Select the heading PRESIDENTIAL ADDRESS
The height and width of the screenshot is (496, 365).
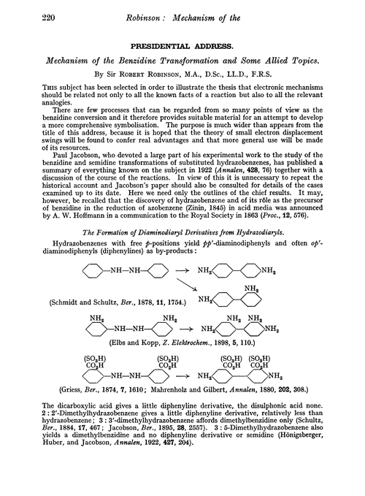(182, 42)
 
